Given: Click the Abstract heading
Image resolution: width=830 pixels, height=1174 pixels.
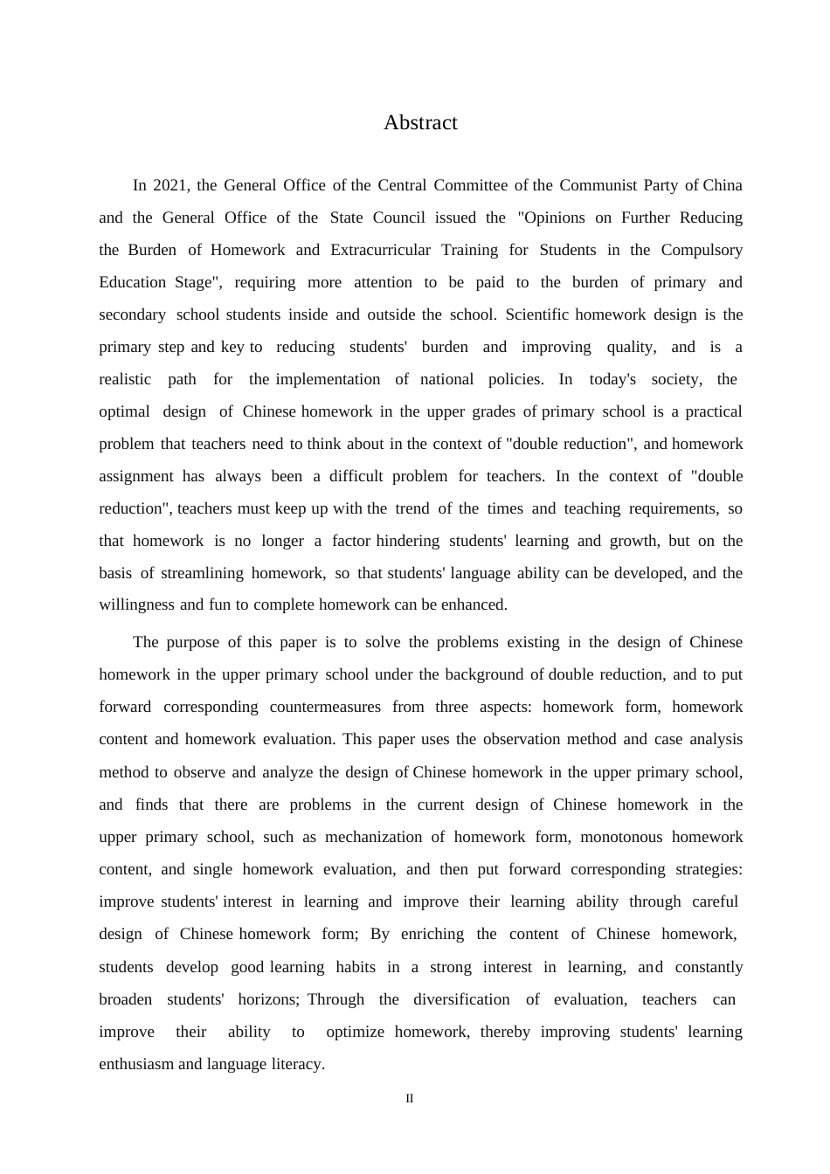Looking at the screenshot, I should (420, 123).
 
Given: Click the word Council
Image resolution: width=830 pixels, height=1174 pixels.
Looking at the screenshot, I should (399, 218).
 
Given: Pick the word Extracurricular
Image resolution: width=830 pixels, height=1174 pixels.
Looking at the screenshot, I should (380, 250).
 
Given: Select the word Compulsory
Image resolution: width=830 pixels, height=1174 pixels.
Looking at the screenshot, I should (702, 250).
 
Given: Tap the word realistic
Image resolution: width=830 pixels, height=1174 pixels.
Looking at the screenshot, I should (125, 379).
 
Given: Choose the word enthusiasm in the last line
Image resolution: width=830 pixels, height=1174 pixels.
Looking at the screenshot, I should (136, 1064).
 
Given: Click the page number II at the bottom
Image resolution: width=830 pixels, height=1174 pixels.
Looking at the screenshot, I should (409, 1098).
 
